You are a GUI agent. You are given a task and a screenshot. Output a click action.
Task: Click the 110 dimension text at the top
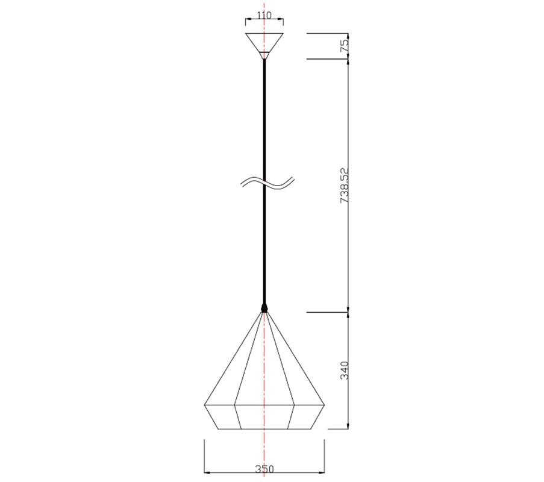264,16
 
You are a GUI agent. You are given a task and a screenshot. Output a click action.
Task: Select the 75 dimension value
345,46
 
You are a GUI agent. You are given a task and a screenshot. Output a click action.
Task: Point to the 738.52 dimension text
345,186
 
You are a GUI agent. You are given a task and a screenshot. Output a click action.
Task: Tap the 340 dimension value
345,370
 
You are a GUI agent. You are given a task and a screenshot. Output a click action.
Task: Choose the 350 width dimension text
264,468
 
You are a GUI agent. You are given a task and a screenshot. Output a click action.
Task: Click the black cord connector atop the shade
264,308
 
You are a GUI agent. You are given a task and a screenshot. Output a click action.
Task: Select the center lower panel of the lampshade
264,417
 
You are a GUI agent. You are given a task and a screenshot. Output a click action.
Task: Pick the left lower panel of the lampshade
222,416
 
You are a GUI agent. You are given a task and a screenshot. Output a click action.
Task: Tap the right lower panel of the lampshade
307,416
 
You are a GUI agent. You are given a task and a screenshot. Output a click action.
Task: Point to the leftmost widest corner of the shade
205,404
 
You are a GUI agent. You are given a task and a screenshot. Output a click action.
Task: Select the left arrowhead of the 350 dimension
208,472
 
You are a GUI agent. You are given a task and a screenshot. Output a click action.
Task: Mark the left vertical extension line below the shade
205,455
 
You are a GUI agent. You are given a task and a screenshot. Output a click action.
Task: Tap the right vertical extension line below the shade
324,455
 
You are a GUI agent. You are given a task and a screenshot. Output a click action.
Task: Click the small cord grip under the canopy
264,55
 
